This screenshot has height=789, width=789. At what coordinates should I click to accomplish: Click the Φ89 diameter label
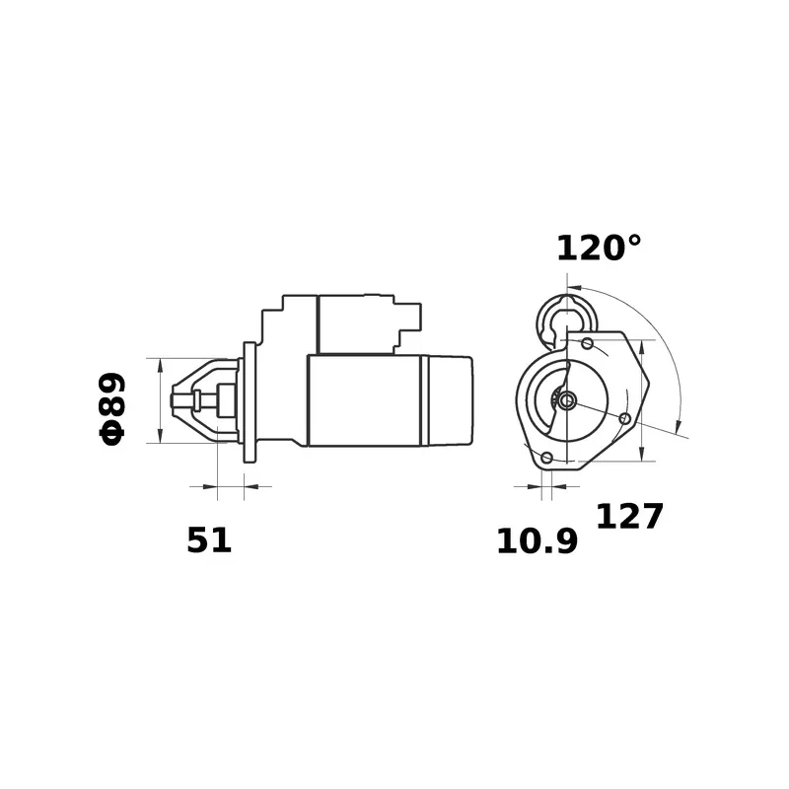[111, 408]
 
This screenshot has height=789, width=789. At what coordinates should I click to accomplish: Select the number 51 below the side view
[209, 540]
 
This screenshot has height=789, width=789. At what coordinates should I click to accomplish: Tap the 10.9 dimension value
[537, 541]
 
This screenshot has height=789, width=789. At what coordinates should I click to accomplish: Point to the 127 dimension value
[629, 516]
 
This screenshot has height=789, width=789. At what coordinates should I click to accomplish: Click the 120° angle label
[599, 249]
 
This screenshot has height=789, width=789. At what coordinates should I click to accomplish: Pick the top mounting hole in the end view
[587, 343]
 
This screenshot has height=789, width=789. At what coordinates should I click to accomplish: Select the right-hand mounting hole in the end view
[625, 418]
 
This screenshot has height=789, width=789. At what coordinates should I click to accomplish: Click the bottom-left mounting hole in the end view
[547, 458]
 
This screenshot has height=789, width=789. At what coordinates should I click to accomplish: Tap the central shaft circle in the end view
[567, 401]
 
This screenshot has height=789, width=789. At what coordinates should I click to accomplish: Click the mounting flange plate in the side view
[250, 402]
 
